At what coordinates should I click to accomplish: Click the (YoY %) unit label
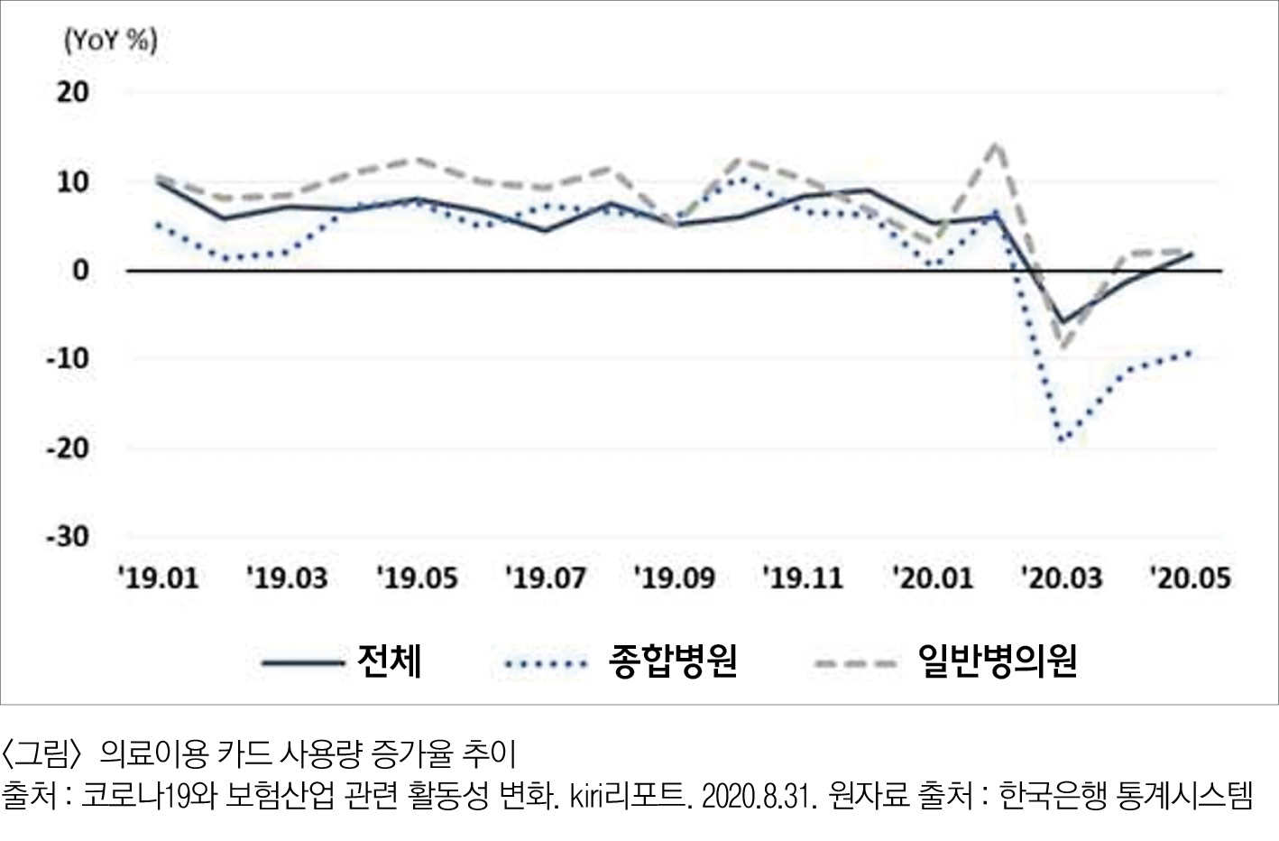click(x=111, y=41)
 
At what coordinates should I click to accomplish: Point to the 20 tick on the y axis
click(x=73, y=91)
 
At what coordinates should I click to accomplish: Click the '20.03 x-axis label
click(x=1062, y=578)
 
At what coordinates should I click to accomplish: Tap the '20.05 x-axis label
click(x=1190, y=578)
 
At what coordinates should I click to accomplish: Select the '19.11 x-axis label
click(x=803, y=578)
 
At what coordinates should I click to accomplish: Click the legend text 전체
click(x=389, y=661)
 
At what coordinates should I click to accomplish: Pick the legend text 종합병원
click(x=673, y=661)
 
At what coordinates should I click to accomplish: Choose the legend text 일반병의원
click(x=997, y=661)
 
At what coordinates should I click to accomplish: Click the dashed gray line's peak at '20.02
click(x=997, y=144)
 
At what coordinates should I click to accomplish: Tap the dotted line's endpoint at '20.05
click(x=1192, y=352)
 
